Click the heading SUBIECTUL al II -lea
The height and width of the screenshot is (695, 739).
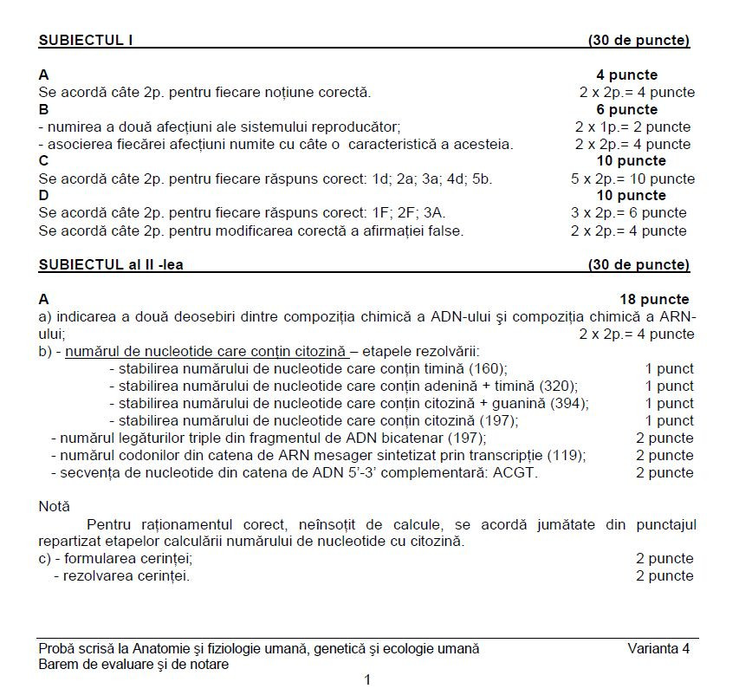[110, 264]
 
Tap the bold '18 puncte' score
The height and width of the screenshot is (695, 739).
[654, 299]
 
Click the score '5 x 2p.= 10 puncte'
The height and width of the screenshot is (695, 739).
[632, 179]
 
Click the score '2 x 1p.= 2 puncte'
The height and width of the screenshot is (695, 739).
[632, 127]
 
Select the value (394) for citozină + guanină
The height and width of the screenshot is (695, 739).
[572, 403]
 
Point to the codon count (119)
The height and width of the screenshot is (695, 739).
[569, 455]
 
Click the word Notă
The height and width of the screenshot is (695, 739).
[55, 506]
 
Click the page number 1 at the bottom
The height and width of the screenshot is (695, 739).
[368, 680]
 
